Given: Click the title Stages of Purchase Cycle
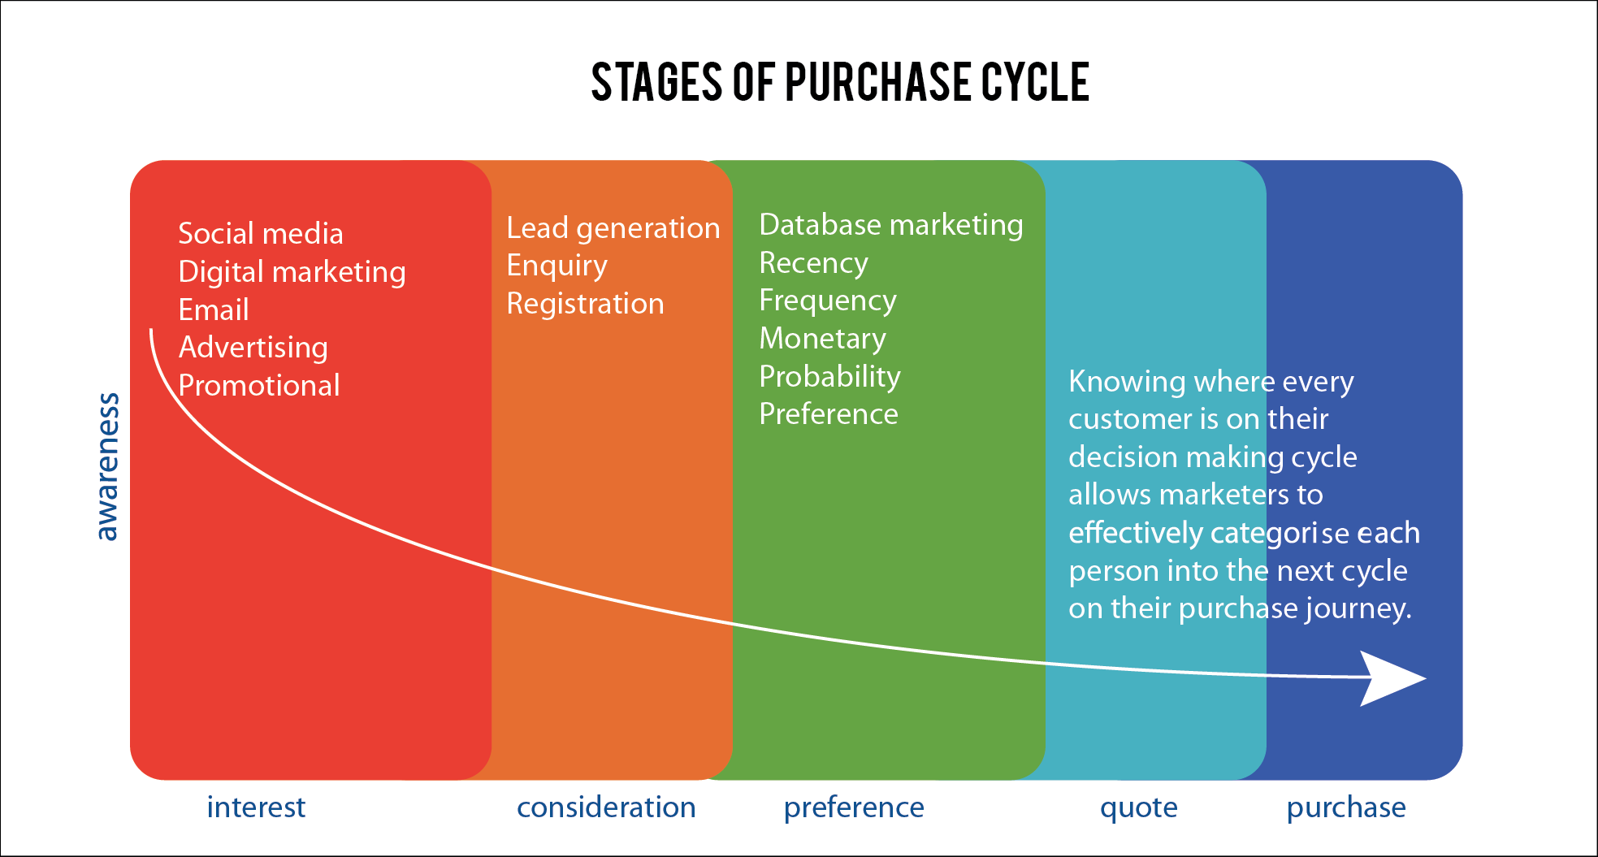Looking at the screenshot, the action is pos(840,82).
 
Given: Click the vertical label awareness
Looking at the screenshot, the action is pos(107,467).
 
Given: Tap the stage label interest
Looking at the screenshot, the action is pos(256,807).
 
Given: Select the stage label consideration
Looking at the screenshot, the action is pos(606,807).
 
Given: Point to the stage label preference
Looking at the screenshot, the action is pos(854,808).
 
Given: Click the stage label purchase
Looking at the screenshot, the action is pos(1346,808).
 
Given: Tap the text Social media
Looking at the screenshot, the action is pos(261,234).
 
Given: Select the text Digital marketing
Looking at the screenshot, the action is pos(292,272).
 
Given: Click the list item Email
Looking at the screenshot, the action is pos(214,309).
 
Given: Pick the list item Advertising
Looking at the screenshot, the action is pos(253,348).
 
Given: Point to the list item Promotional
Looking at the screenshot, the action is pos(259,385).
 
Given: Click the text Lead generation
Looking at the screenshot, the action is pos(613,228).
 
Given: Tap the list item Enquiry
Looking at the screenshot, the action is pos(556,266).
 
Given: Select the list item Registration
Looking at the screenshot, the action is pos(585,304).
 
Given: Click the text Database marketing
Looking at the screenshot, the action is pos(891,225).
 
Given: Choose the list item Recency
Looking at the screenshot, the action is pos(813,263).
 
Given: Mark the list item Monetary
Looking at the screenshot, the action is pos(822,339).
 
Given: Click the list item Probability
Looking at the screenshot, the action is pos(829,377).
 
